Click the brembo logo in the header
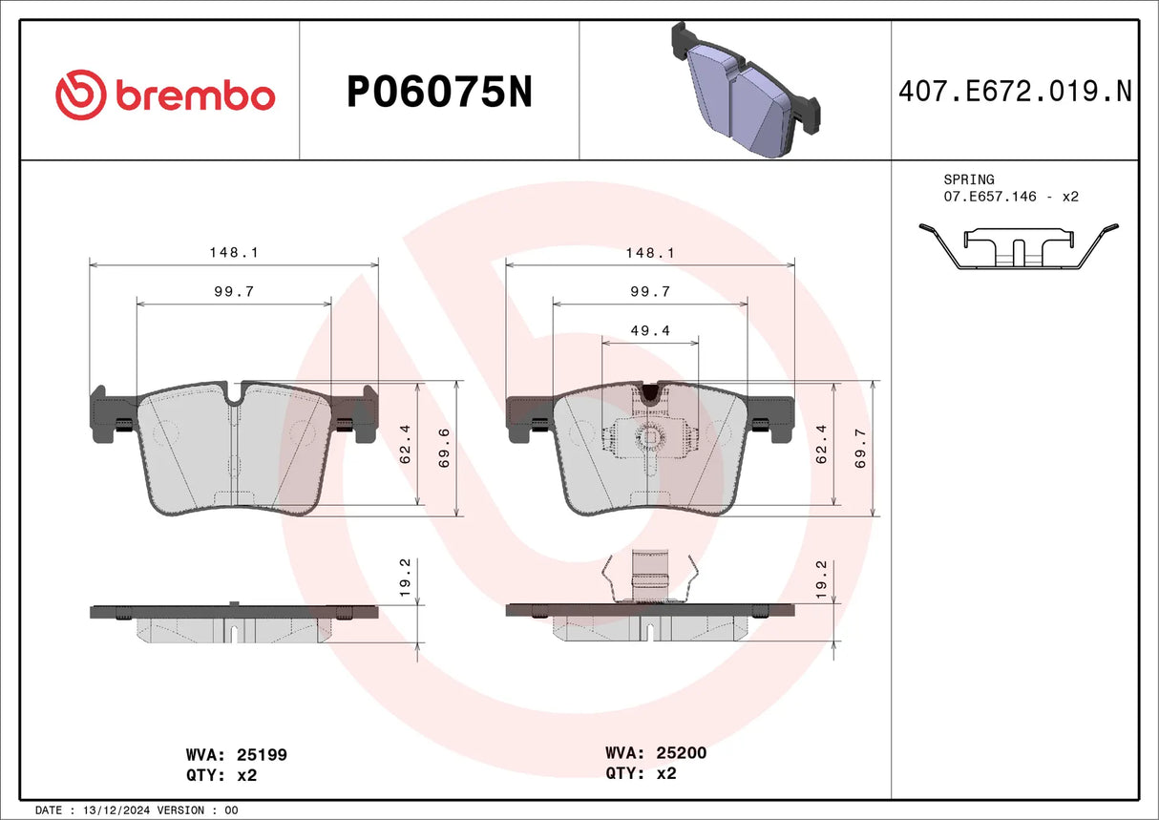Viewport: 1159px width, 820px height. pyautogui.click(x=165, y=95)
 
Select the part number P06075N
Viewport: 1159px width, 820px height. pyautogui.click(x=438, y=93)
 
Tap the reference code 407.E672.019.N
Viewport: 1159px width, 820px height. pyautogui.click(x=1015, y=92)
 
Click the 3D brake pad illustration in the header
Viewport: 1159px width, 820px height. pyautogui.click(x=746, y=91)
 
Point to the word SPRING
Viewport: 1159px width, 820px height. pyautogui.click(x=968, y=179)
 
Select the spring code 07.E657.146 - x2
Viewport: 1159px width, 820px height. pyautogui.click(x=1011, y=197)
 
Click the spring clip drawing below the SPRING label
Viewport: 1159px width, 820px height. pyautogui.click(x=1018, y=247)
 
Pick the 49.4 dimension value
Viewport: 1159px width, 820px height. pyautogui.click(x=650, y=331)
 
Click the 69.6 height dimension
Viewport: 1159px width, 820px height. pyautogui.click(x=443, y=448)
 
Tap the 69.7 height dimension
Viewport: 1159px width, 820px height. pyautogui.click(x=860, y=448)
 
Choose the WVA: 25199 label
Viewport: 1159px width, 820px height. pyautogui.click(x=236, y=754)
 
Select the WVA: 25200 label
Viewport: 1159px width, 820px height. pyautogui.click(x=656, y=753)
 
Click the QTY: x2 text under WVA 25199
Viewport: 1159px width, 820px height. pyautogui.click(x=221, y=775)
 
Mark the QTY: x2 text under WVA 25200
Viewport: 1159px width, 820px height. pyautogui.click(x=641, y=774)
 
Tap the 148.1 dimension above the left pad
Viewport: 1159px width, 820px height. pyautogui.click(x=234, y=253)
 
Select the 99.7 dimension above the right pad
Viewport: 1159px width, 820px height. pyautogui.click(x=650, y=291)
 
